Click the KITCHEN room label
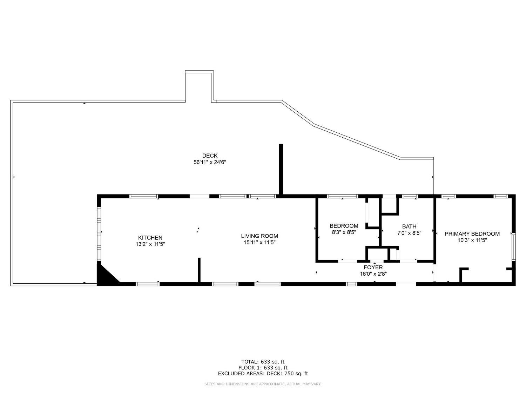150,238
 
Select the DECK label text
210,156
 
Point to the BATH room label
409,226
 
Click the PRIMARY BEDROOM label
472,234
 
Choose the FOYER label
373,268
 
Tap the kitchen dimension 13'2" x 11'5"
150,244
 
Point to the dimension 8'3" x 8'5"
344,232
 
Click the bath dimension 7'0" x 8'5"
409,233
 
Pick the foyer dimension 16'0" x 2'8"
373,274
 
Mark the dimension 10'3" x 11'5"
472,240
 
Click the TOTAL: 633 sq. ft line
263,362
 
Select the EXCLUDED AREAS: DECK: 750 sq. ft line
263,374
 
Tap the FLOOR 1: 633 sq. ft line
263,368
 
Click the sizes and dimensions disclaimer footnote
263,384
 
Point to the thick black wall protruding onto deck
281,169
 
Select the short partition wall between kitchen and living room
199,270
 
